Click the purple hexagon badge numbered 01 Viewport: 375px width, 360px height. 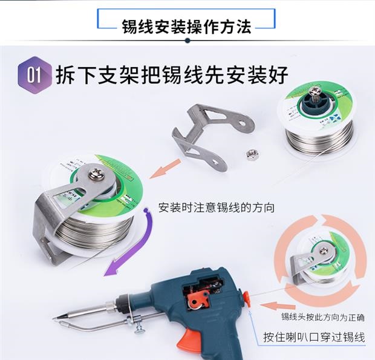pos(35,75)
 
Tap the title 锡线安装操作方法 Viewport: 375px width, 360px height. pos(186,27)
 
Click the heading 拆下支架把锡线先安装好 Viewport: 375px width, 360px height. pos(172,75)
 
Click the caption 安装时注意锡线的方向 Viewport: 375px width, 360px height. pos(216,208)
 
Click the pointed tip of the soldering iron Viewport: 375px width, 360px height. pos(54,318)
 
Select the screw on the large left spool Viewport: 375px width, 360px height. pos(96,174)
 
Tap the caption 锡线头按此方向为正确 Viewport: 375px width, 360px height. pos(322,317)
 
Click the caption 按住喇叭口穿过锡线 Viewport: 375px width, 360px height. pos(315,337)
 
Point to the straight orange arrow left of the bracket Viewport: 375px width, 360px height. pos(165,169)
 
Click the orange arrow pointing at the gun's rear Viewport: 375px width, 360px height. pos(278,306)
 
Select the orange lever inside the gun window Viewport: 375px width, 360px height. pos(198,299)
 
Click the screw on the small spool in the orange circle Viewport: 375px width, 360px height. pos(324,250)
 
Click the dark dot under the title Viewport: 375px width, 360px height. pos(187,41)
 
